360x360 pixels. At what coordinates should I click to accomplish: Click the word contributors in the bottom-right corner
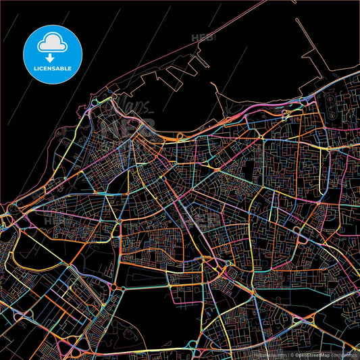tap(346, 355)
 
